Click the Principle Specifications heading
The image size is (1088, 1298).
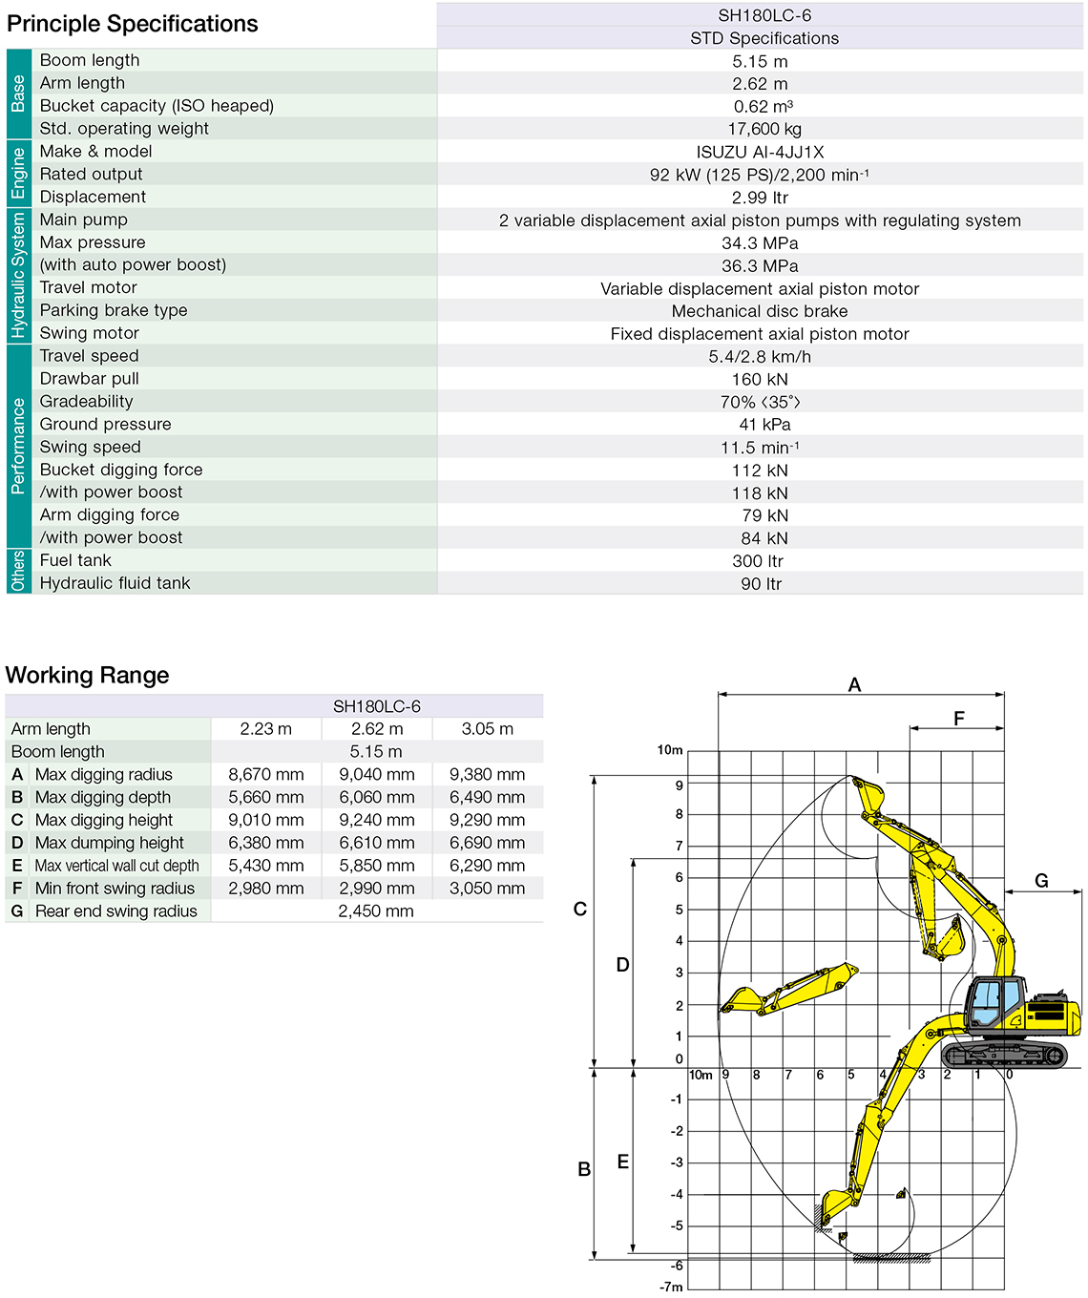click(x=133, y=24)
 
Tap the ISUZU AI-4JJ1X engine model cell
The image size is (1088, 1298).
click(x=760, y=152)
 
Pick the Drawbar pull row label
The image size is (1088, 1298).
click(x=90, y=379)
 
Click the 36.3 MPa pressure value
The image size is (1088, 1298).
click(x=760, y=266)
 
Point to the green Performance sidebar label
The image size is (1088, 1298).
click(x=18, y=446)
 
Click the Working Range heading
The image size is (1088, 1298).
click(x=88, y=676)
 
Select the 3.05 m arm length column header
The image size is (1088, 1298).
click(x=487, y=729)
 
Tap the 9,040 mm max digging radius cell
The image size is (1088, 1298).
click(x=377, y=775)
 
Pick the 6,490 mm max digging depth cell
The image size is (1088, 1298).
click(x=487, y=798)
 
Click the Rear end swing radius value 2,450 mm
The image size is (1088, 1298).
click(x=376, y=911)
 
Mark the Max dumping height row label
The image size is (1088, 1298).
click(x=109, y=843)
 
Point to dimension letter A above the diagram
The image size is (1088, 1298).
click(x=854, y=684)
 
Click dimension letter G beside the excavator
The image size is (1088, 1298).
click(x=1041, y=881)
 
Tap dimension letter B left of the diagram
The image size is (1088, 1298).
click(x=584, y=1169)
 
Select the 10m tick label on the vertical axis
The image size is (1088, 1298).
click(x=670, y=750)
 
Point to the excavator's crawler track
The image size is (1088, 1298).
click(x=1004, y=1055)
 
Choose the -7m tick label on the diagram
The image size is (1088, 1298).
click(x=672, y=1288)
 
